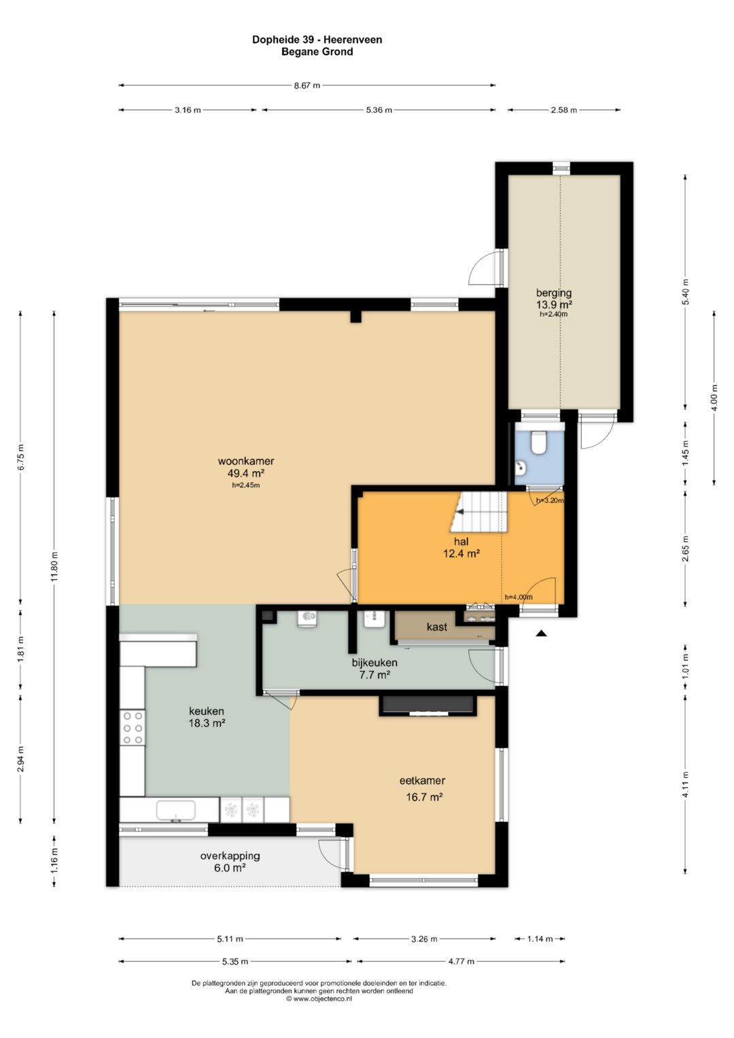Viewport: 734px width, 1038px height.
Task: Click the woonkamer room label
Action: (245, 462)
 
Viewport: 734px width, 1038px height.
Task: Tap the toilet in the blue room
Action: (538, 442)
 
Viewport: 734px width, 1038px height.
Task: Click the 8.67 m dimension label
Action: (307, 85)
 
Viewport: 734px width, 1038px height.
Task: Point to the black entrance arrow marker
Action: (542, 633)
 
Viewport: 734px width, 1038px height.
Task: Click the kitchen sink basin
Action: (175, 810)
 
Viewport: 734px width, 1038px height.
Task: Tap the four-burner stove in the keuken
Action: (133, 727)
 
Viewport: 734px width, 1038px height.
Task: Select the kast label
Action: (436, 627)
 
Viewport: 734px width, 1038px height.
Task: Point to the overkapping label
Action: (230, 856)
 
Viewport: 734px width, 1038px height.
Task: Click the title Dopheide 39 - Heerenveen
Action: (317, 40)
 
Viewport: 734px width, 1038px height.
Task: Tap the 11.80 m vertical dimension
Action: (54, 567)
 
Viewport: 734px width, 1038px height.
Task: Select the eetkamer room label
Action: (422, 780)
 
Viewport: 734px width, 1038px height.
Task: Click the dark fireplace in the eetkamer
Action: (427, 706)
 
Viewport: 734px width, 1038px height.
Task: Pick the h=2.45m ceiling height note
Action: (245, 485)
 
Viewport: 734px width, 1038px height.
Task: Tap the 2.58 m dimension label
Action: (563, 110)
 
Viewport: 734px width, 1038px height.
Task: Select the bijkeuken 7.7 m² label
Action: (374, 668)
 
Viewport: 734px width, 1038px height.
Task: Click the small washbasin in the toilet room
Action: (520, 468)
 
